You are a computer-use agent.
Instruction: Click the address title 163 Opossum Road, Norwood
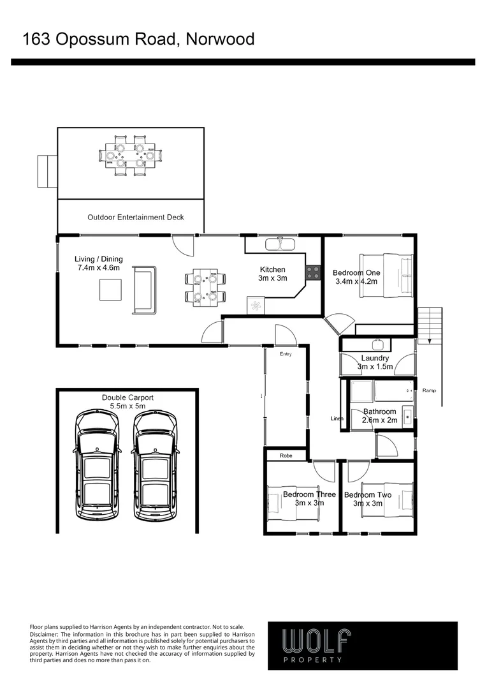(x=138, y=40)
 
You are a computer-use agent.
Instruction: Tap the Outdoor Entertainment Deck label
(x=135, y=218)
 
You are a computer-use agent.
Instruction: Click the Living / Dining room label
(x=99, y=263)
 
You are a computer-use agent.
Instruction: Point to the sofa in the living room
(x=143, y=290)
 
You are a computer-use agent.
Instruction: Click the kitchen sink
(x=279, y=244)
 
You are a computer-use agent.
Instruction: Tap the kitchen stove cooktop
(x=312, y=273)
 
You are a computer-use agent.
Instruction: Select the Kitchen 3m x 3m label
(x=272, y=274)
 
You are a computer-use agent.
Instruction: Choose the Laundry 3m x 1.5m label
(x=375, y=362)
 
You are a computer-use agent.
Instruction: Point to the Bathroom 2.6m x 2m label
(x=380, y=416)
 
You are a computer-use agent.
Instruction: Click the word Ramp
(x=429, y=390)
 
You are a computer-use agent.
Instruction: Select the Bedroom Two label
(x=367, y=499)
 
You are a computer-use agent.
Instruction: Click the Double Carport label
(x=127, y=401)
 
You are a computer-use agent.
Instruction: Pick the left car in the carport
(x=97, y=465)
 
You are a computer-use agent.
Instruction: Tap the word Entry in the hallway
(x=285, y=354)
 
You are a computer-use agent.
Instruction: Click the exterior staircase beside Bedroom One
(x=430, y=325)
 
